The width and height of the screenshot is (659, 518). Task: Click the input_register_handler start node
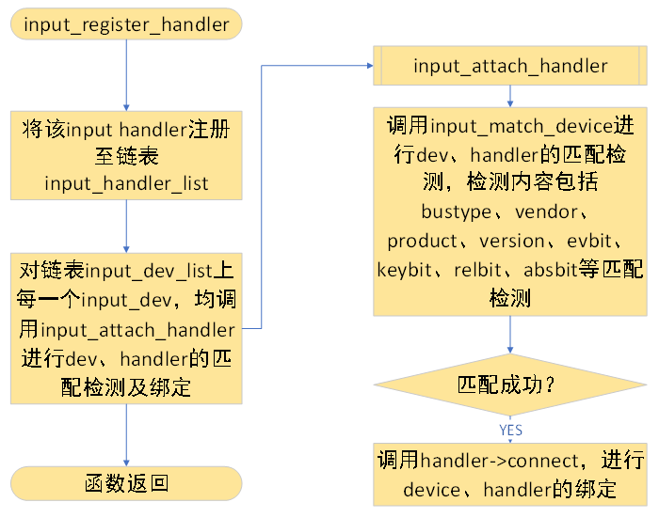126,24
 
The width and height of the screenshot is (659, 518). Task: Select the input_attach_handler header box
509,66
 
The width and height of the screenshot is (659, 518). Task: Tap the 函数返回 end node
126,483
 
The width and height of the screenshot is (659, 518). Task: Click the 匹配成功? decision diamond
509,385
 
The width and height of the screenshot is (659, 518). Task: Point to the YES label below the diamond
510,430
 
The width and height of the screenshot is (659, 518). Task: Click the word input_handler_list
126,182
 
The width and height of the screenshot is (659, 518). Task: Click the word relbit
479,270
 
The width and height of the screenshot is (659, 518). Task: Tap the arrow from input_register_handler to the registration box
126,75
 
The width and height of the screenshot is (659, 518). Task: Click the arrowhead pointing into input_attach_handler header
368,66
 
